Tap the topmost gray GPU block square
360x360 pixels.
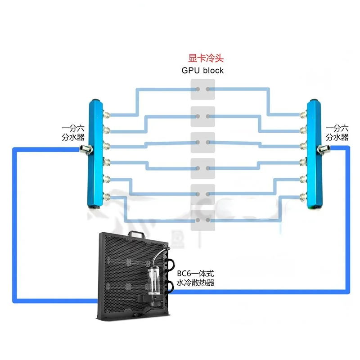tap(202, 89)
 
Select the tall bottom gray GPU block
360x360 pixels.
tap(202, 207)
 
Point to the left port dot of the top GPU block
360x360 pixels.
tap(196, 89)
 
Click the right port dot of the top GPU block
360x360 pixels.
tap(208, 89)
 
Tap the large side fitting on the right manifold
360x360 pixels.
tap(323, 148)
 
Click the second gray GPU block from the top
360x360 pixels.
tap(202, 116)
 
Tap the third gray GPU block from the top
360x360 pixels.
tap(202, 142)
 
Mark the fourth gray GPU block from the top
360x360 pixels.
tap(202, 168)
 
